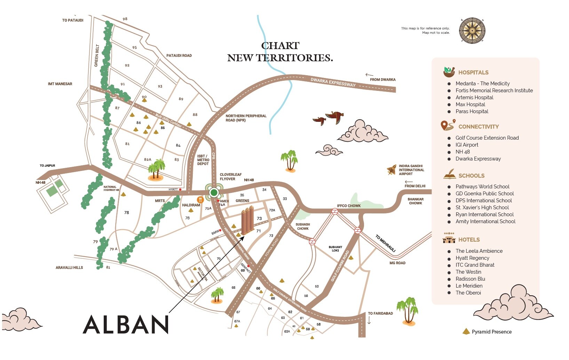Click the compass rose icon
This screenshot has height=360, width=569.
pyautogui.click(x=472, y=31)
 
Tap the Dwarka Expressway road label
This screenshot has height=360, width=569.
pyautogui.click(x=333, y=83)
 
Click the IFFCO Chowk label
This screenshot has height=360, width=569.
pyautogui.click(x=349, y=206)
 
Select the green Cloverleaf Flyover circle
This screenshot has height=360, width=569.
pyautogui.click(x=214, y=193)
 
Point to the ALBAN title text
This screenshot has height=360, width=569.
pyautogui.click(x=126, y=324)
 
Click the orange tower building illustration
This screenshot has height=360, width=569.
pyautogui.click(x=247, y=220)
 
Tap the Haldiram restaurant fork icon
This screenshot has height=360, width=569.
pyautogui.click(x=200, y=200)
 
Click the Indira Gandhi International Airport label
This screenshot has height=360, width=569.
pyautogui.click(x=411, y=170)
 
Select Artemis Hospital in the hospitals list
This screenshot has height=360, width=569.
pyautogui.click(x=474, y=97)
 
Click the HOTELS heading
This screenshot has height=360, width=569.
pyautogui.click(x=469, y=240)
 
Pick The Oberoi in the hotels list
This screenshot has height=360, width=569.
pyautogui.click(x=468, y=293)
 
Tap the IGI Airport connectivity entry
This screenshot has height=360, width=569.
pyautogui.click(x=467, y=145)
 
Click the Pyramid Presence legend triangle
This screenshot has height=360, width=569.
pyautogui.click(x=466, y=331)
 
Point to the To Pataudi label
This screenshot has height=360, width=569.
pyautogui.click(x=73, y=20)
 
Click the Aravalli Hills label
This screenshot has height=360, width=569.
pyautogui.click(x=69, y=268)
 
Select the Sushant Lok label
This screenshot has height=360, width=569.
pyautogui.click(x=335, y=249)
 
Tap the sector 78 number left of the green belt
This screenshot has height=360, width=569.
pyautogui.click(x=127, y=212)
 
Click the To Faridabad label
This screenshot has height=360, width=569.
pyautogui.click(x=380, y=313)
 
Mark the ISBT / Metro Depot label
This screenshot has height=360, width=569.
pyautogui.click(x=203, y=160)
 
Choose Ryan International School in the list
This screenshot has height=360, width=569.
pyautogui.click(x=484, y=214)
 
